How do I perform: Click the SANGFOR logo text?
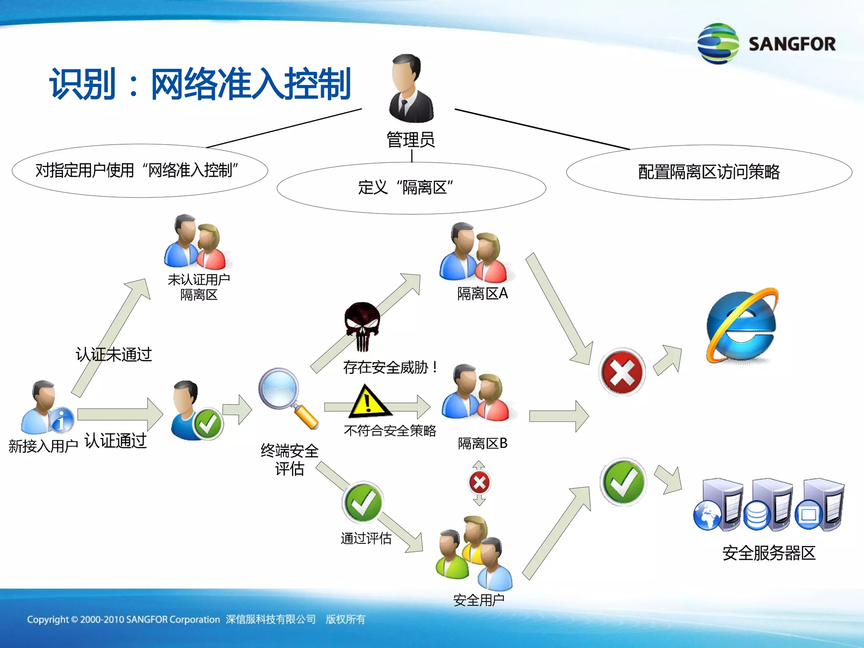tap(791, 44)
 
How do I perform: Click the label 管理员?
tap(411, 140)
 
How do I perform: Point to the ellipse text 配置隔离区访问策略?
tap(709, 172)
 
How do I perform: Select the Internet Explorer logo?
tap(742, 325)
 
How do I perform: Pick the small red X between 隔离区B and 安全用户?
tap(479, 483)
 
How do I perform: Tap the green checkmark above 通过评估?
tap(363, 502)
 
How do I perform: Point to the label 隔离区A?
tap(482, 294)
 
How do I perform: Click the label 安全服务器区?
tap(769, 553)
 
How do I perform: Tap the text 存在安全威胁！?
tap(391, 367)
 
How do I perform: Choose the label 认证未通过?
tap(113, 354)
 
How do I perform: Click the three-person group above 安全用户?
tap(474, 553)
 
